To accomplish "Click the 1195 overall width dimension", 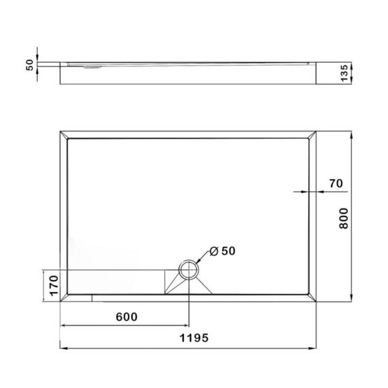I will pyautogui.click(x=194, y=338).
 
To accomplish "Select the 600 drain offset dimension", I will pyautogui.click(x=127, y=317).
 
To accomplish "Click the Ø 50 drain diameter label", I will pyautogui.click(x=223, y=251).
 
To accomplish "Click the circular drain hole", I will pyautogui.click(x=187, y=270).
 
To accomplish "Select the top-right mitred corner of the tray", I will pyautogui.click(x=314, y=135).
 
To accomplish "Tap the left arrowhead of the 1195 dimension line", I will pyautogui.click(x=65, y=350).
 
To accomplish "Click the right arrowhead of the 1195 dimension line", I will pyautogui.click(x=316, y=350).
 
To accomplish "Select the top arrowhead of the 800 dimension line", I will pyautogui.click(x=351, y=133).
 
